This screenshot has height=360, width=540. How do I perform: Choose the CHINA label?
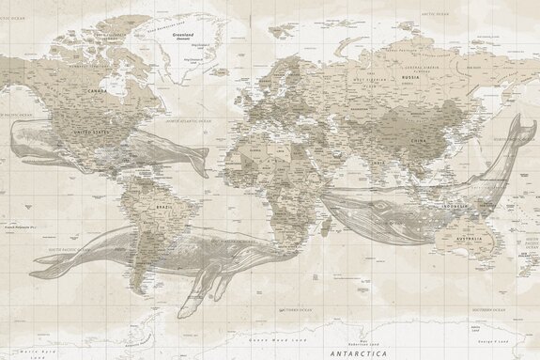(x=421, y=140)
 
